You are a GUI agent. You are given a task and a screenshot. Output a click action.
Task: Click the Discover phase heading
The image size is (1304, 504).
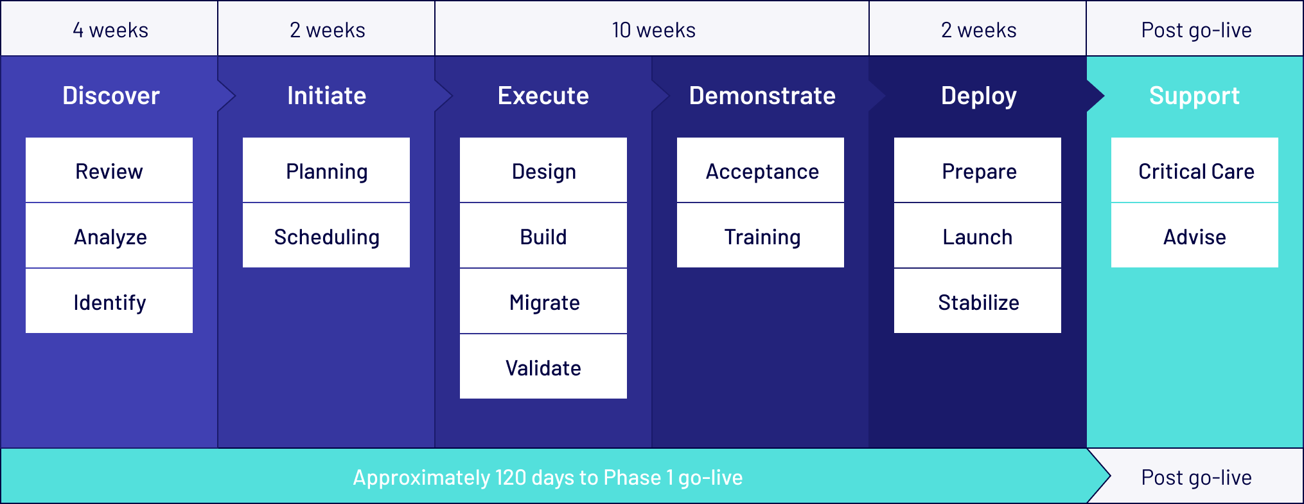[110, 96]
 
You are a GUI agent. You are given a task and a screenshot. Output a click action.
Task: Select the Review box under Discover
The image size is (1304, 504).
[109, 170]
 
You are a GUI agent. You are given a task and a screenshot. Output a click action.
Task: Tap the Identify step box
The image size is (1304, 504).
[109, 301]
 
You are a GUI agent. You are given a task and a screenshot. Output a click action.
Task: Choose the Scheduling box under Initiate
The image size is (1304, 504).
[326, 235]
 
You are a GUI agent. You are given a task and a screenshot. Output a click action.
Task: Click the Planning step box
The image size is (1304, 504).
[326, 170]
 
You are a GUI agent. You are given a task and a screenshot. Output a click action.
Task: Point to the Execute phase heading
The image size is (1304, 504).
[543, 96]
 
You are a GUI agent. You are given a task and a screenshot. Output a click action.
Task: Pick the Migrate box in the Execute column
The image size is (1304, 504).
[543, 301]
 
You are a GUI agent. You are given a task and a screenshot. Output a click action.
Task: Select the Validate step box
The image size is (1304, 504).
[543, 366]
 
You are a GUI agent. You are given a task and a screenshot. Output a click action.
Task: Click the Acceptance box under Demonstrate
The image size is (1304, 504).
[761, 170]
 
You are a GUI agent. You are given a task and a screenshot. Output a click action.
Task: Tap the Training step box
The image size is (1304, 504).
[761, 235]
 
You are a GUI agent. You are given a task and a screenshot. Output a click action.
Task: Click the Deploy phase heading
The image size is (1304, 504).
[978, 96]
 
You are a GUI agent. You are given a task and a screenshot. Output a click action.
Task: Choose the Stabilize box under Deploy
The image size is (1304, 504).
[978, 301]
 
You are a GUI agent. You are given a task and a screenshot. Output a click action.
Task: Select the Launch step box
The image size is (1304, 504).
[978, 235]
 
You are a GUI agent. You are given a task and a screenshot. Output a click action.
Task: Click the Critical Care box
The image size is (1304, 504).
[1195, 170]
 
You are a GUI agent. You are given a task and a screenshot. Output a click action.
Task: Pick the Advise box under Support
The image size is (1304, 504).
[1195, 235]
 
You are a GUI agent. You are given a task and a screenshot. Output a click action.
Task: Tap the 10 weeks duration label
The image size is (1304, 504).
[653, 30]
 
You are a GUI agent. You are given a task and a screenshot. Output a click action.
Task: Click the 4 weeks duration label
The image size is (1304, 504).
[110, 30]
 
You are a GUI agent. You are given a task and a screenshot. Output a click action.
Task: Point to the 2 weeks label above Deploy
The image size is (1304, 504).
[978, 30]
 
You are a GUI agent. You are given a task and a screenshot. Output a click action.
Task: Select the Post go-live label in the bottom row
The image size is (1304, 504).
[1196, 478]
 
